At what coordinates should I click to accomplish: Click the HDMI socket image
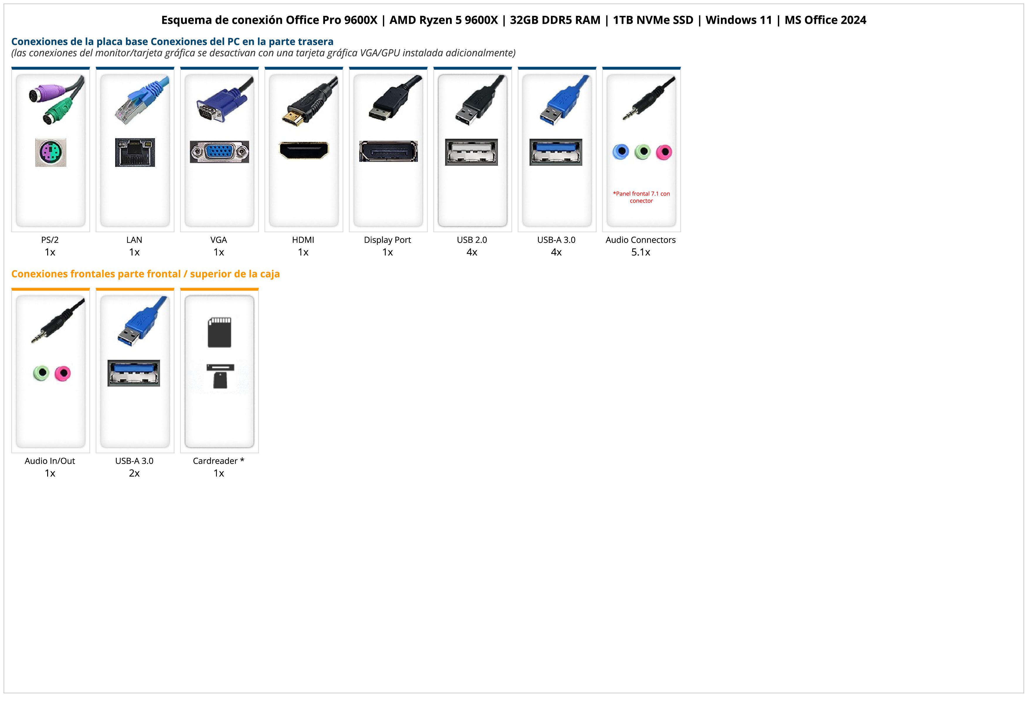coord(304,150)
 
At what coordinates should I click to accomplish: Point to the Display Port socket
coord(388,151)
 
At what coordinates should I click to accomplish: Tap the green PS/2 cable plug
coord(56,112)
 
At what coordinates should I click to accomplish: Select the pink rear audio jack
coord(664,152)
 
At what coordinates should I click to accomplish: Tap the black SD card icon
coord(219,332)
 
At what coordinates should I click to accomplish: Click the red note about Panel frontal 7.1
coord(641,197)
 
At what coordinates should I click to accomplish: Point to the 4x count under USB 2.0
coord(472,252)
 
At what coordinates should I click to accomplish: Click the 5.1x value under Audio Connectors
coord(641,252)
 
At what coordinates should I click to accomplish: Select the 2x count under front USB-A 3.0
coord(134,473)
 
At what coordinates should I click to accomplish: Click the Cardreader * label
coord(219,461)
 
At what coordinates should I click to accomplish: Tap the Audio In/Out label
coord(50,461)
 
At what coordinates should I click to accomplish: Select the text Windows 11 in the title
coord(739,20)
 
